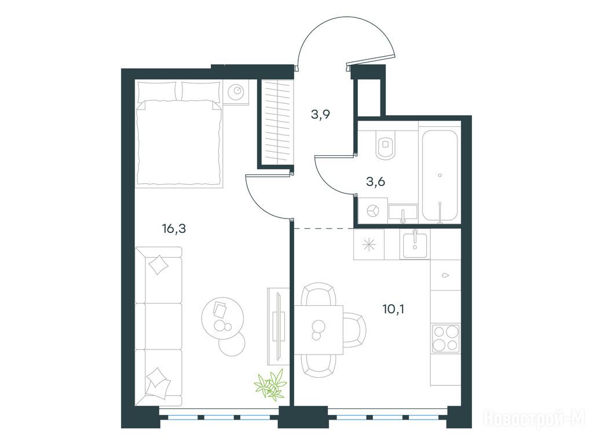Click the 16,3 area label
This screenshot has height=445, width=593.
point(174,229)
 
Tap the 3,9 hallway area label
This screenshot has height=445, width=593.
point(321,114)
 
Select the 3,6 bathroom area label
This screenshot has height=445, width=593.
point(375,182)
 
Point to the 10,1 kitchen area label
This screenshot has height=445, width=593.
point(393,309)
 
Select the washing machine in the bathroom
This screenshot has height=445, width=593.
point(373,211)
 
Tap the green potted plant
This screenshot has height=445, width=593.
point(271,385)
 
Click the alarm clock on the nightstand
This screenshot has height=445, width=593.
point(237,91)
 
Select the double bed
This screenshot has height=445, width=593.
point(179,134)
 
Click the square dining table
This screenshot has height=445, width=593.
point(319,330)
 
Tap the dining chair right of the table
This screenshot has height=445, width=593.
point(355,330)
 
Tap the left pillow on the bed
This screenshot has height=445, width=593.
point(157,91)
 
